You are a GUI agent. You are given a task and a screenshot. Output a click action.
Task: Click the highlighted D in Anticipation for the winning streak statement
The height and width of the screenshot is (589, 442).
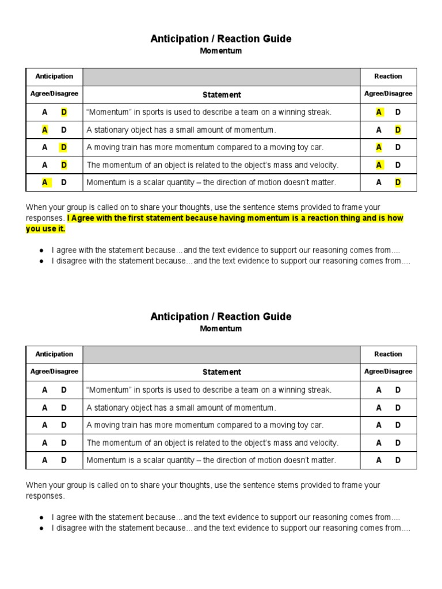(64, 112)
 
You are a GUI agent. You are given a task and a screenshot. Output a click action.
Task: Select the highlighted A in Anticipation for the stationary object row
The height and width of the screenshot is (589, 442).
(45, 130)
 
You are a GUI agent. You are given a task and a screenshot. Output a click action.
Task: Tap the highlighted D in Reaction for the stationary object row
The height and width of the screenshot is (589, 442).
(398, 130)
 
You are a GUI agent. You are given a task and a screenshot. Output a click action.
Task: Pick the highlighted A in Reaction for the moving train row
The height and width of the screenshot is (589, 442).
(379, 147)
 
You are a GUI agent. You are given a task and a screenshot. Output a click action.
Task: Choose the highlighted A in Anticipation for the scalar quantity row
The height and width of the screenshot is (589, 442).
(45, 182)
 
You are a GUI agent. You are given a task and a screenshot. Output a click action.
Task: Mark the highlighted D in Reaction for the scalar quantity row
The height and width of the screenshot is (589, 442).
(398, 182)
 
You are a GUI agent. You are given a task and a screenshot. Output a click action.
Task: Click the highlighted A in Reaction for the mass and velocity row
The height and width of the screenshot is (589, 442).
(379, 165)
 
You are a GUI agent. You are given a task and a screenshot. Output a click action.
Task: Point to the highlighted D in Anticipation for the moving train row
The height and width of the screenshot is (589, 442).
(64, 147)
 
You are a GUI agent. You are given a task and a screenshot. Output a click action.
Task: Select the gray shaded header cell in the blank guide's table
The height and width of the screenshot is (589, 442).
(221, 354)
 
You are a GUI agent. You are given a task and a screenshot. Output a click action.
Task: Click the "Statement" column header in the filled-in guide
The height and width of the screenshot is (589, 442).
(222, 94)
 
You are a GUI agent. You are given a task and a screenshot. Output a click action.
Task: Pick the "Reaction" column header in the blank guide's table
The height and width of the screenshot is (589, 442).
(388, 354)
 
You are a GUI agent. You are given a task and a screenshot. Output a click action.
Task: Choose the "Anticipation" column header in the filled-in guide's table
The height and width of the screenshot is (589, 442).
(54, 76)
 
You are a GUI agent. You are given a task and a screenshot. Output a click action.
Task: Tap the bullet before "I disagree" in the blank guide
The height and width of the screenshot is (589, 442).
(42, 528)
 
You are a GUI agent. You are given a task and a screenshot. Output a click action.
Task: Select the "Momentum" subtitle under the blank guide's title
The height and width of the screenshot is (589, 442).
(221, 329)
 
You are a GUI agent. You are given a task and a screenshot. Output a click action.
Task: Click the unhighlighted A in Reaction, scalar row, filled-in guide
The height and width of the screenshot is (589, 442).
(379, 182)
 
